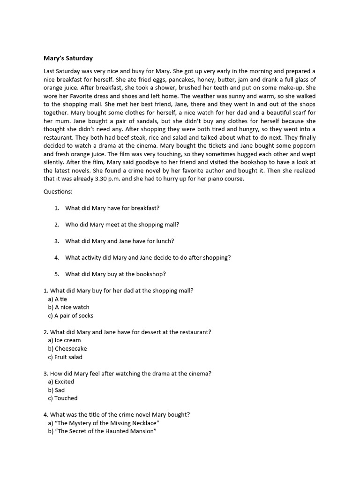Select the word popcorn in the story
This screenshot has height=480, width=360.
(303, 145)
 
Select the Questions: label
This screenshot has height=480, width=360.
(58, 192)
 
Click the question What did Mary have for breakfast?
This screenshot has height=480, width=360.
(115, 208)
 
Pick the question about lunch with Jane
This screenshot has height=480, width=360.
(120, 241)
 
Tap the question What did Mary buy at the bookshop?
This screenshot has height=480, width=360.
(115, 274)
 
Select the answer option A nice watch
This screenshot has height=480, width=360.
(68, 307)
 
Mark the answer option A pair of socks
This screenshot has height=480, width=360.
(70, 316)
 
